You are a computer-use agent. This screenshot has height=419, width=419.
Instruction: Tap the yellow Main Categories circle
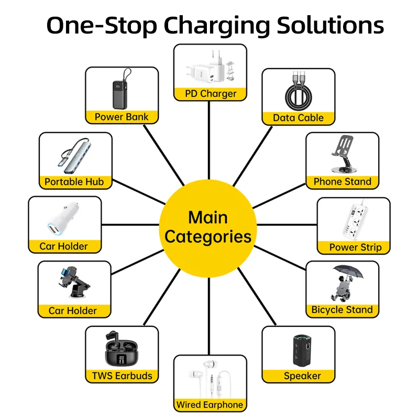coord(208,228)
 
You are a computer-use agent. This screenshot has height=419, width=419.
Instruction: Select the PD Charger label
coord(211,94)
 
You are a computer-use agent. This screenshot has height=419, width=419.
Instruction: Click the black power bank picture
coord(121,89)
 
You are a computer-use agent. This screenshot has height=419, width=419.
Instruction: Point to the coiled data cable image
coord(298,91)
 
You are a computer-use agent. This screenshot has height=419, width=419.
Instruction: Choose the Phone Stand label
coord(343,182)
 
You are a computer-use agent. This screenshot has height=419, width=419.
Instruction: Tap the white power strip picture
coord(356,220)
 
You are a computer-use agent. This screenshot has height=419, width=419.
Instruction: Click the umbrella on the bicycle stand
coord(348,272)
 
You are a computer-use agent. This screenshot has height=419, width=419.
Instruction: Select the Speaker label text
coord(302,376)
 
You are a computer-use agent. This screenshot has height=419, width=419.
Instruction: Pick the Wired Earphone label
coord(210,405)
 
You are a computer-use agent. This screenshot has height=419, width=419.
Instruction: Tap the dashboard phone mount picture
coord(74,282)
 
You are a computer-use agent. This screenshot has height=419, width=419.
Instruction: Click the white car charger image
coord(63,218)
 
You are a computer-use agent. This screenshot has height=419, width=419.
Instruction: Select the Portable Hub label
coord(74,182)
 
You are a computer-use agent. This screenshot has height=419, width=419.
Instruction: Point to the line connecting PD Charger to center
coord(209,140)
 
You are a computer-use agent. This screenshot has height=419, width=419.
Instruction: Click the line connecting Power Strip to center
coord(287,225)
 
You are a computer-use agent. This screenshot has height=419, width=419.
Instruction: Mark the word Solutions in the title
coord(330,26)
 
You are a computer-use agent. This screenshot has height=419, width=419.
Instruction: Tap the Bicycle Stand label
coord(342,310)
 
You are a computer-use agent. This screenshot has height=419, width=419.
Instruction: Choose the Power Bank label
coord(122,117)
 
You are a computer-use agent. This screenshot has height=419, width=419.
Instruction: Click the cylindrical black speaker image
coord(302,350)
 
